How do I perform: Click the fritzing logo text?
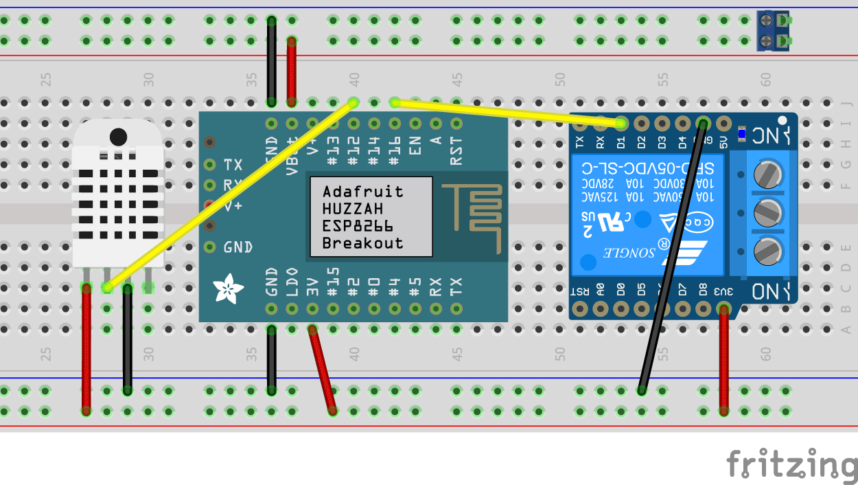(791, 464)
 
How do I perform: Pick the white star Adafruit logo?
(226, 289)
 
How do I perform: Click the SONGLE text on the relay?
(621, 253)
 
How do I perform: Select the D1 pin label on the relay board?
(621, 143)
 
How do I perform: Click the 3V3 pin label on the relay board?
(723, 291)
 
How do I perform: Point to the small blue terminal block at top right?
(772, 31)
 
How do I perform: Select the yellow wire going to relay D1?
(508, 113)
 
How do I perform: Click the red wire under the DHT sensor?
(86, 350)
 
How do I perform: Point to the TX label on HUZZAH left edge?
(233, 165)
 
